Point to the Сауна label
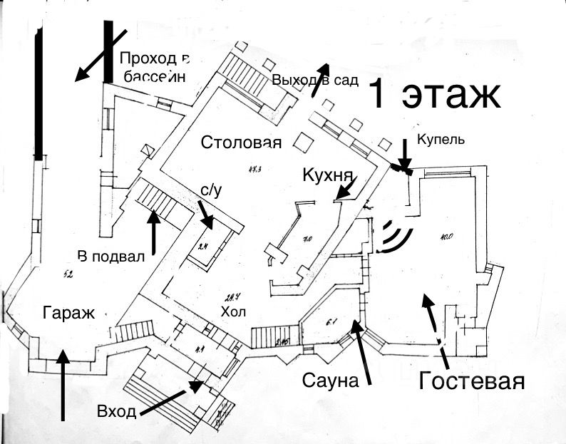(329, 380)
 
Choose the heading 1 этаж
(434, 96)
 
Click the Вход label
(116, 412)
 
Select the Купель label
(441, 139)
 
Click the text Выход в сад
(314, 79)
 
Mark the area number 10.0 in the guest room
(447, 237)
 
